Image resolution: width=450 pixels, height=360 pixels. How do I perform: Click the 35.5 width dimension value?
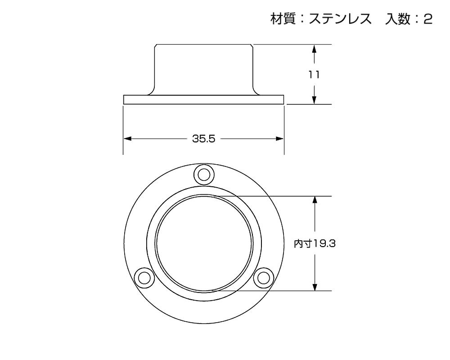pos(203,139)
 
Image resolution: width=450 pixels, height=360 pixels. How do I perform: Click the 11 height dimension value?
pos(314,75)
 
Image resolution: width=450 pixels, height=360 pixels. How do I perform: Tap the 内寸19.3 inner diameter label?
pos(315,244)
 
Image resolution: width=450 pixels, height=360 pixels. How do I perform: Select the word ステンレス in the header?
pos(340,19)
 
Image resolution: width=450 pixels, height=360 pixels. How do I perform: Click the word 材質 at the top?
pos(283,19)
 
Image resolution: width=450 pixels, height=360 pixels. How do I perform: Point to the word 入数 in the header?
pos(397,19)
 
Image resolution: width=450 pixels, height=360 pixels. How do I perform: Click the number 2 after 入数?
pos(428,19)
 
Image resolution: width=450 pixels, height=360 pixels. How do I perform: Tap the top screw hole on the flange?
pos(204,174)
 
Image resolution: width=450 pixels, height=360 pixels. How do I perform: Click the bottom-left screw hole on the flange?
pos(144,278)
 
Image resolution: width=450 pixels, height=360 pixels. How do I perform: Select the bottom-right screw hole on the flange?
pos(263,278)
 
